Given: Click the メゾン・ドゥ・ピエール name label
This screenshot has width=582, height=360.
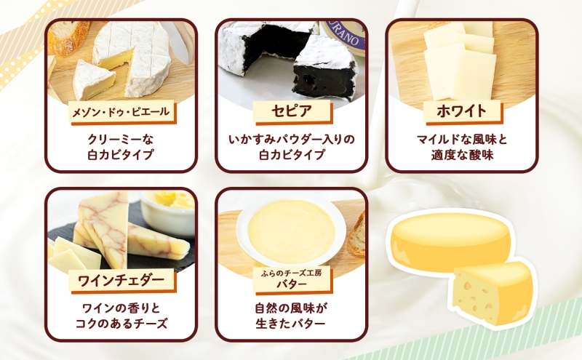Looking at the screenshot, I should (121, 112).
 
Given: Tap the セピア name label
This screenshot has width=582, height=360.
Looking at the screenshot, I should (291, 113).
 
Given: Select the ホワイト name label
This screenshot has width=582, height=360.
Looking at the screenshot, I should (461, 113).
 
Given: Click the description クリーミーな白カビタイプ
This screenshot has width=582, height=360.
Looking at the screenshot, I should (121, 146).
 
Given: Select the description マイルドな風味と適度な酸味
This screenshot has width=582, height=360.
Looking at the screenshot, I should (461, 146).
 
